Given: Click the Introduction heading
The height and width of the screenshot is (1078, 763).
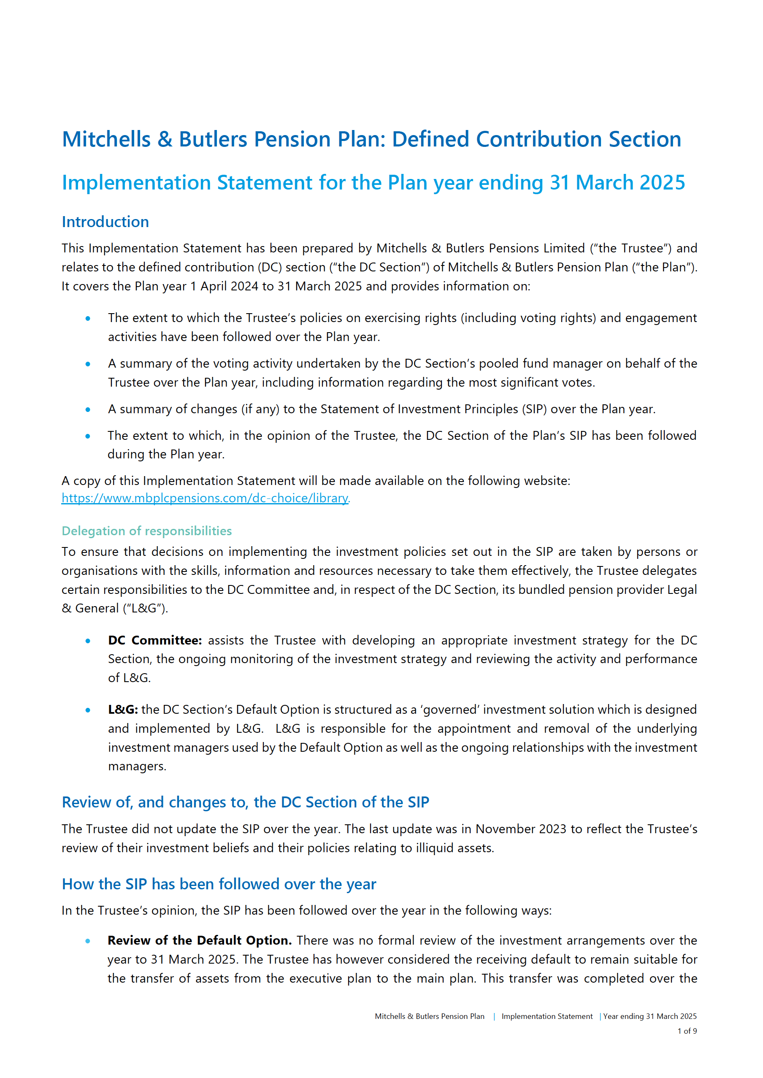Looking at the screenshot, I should pos(105,222).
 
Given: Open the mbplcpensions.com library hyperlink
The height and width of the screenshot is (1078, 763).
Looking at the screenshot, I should pos(205,498).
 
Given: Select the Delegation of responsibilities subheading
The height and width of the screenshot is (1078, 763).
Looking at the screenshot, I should pos(146,531).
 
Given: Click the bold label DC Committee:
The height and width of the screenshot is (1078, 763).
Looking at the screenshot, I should pos(154,640).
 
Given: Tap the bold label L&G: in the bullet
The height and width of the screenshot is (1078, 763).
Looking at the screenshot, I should pos(123,710).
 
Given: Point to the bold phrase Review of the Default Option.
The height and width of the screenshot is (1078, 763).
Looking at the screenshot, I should pos(199,940).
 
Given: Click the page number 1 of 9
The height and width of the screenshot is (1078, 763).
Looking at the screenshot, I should pos(687,1031).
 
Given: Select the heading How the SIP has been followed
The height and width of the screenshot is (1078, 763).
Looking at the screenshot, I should pos(219,884).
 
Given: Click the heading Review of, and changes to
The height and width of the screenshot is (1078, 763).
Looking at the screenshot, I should pos(245,802).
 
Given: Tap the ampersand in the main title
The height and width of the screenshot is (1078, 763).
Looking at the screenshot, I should pos(165,140).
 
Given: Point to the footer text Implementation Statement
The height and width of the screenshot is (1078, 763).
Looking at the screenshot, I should pos(547,1016).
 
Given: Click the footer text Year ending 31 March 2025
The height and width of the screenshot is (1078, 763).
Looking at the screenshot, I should pos(650,1016).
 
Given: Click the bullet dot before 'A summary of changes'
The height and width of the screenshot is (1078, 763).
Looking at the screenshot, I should pos(88,410).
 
